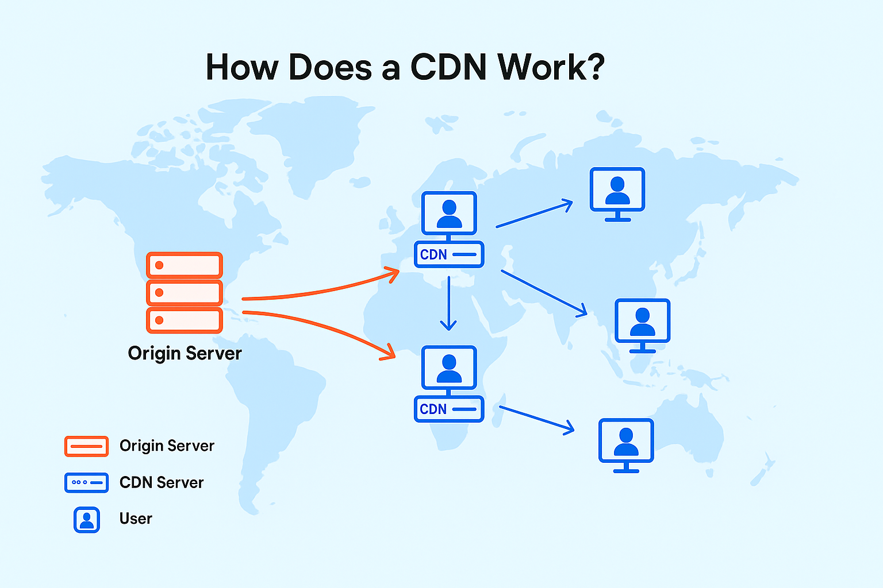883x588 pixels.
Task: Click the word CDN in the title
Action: point(448,68)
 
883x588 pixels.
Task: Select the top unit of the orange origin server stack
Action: point(185,265)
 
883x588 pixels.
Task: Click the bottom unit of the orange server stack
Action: point(185,320)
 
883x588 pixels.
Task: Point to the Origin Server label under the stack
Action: point(185,353)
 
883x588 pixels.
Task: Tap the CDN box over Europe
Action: point(449,254)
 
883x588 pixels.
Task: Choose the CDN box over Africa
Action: point(449,409)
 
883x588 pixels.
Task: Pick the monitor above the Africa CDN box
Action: point(449,367)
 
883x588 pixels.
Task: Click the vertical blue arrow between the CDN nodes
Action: point(448,303)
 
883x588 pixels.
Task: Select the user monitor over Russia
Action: point(617,192)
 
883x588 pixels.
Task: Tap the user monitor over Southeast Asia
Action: point(642,322)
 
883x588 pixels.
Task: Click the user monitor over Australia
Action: point(626,442)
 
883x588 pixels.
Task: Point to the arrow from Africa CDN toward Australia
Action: point(536,419)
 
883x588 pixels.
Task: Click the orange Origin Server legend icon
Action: point(86,446)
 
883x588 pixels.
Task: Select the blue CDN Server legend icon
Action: point(86,482)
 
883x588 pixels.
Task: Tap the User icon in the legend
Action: point(87,520)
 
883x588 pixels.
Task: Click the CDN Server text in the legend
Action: point(162,482)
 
